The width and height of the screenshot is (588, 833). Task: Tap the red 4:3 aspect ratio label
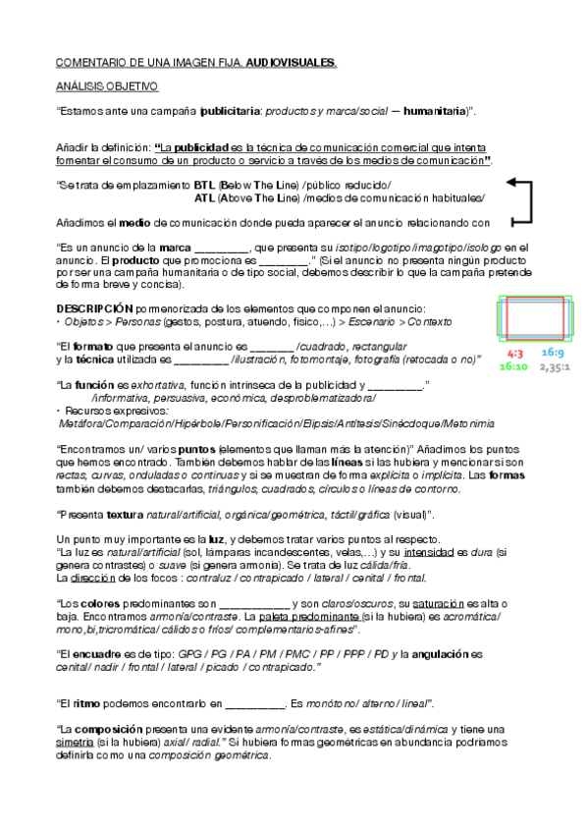click(512, 353)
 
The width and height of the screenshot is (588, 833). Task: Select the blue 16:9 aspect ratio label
click(553, 353)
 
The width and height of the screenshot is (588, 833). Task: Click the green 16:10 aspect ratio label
click(513, 365)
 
